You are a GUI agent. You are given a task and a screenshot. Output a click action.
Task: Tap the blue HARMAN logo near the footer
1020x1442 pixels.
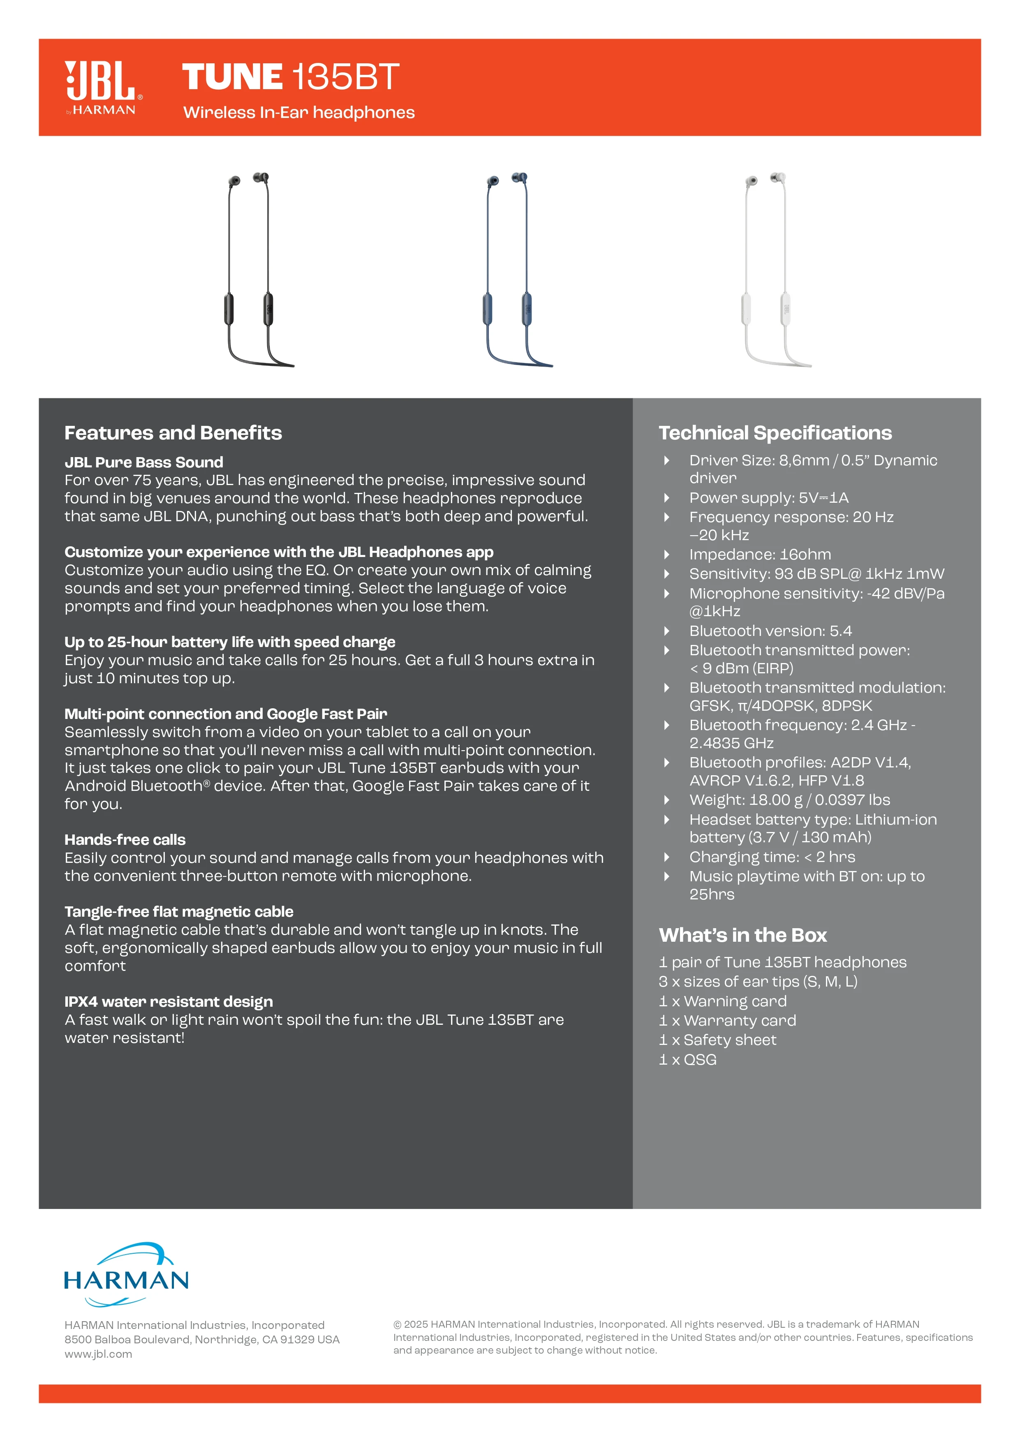coord(126,1275)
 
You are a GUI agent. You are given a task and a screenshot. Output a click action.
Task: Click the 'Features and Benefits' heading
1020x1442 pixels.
coord(173,433)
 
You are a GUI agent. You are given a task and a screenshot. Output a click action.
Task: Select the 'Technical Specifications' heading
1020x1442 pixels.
coord(775,433)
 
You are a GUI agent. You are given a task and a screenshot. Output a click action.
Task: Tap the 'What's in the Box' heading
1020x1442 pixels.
coord(742,935)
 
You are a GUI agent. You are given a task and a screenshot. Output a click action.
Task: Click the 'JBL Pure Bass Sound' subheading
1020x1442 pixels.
coord(144,462)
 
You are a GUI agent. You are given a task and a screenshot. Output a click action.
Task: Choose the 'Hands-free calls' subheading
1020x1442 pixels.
coord(125,840)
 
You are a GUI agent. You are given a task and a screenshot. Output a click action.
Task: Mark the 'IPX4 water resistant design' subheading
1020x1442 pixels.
coord(168,1002)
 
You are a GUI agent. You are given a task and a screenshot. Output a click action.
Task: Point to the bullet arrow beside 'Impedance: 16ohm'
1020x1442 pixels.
coord(666,555)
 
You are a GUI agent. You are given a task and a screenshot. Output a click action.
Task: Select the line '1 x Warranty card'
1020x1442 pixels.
coord(727,1021)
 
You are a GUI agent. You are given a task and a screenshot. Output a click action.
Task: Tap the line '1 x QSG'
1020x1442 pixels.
coord(688,1060)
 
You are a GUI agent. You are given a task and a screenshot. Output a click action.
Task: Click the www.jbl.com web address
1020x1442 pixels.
coord(99,1354)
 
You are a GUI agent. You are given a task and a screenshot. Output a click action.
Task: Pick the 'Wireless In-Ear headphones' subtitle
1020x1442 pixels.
coord(299,112)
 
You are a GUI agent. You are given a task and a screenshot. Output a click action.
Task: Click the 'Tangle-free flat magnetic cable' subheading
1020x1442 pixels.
coord(179,912)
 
